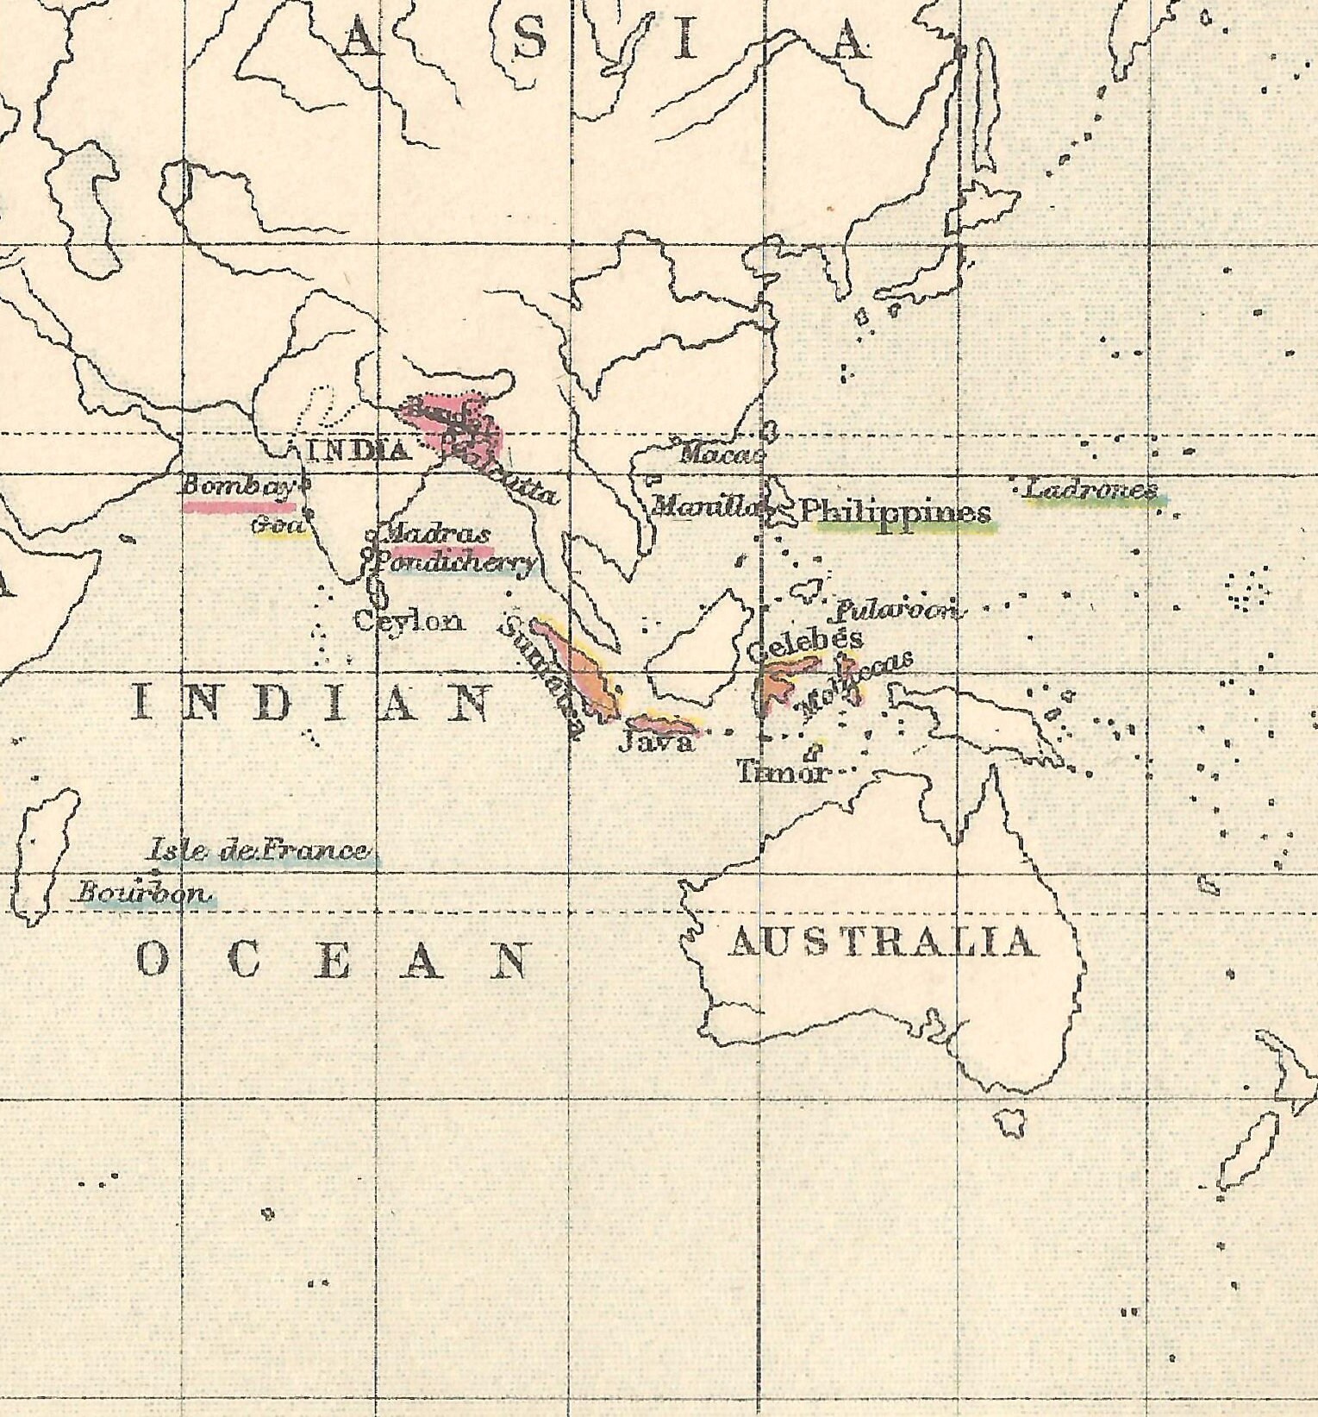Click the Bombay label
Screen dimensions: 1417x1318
[x=237, y=486]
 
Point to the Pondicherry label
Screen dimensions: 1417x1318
[x=453, y=564]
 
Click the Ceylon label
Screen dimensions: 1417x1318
[x=408, y=621]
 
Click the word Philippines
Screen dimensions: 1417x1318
[x=895, y=511]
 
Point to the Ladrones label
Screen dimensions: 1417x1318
[x=1090, y=490]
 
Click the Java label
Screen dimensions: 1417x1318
[x=655, y=743]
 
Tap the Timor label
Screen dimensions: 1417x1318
[x=781, y=771]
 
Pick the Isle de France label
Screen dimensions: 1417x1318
[x=259, y=851]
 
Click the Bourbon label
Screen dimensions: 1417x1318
[x=143, y=893]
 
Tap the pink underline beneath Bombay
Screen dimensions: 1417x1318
[x=238, y=507]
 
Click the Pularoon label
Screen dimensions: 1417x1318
[x=895, y=611]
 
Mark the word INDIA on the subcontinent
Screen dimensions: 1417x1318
[x=357, y=450]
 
